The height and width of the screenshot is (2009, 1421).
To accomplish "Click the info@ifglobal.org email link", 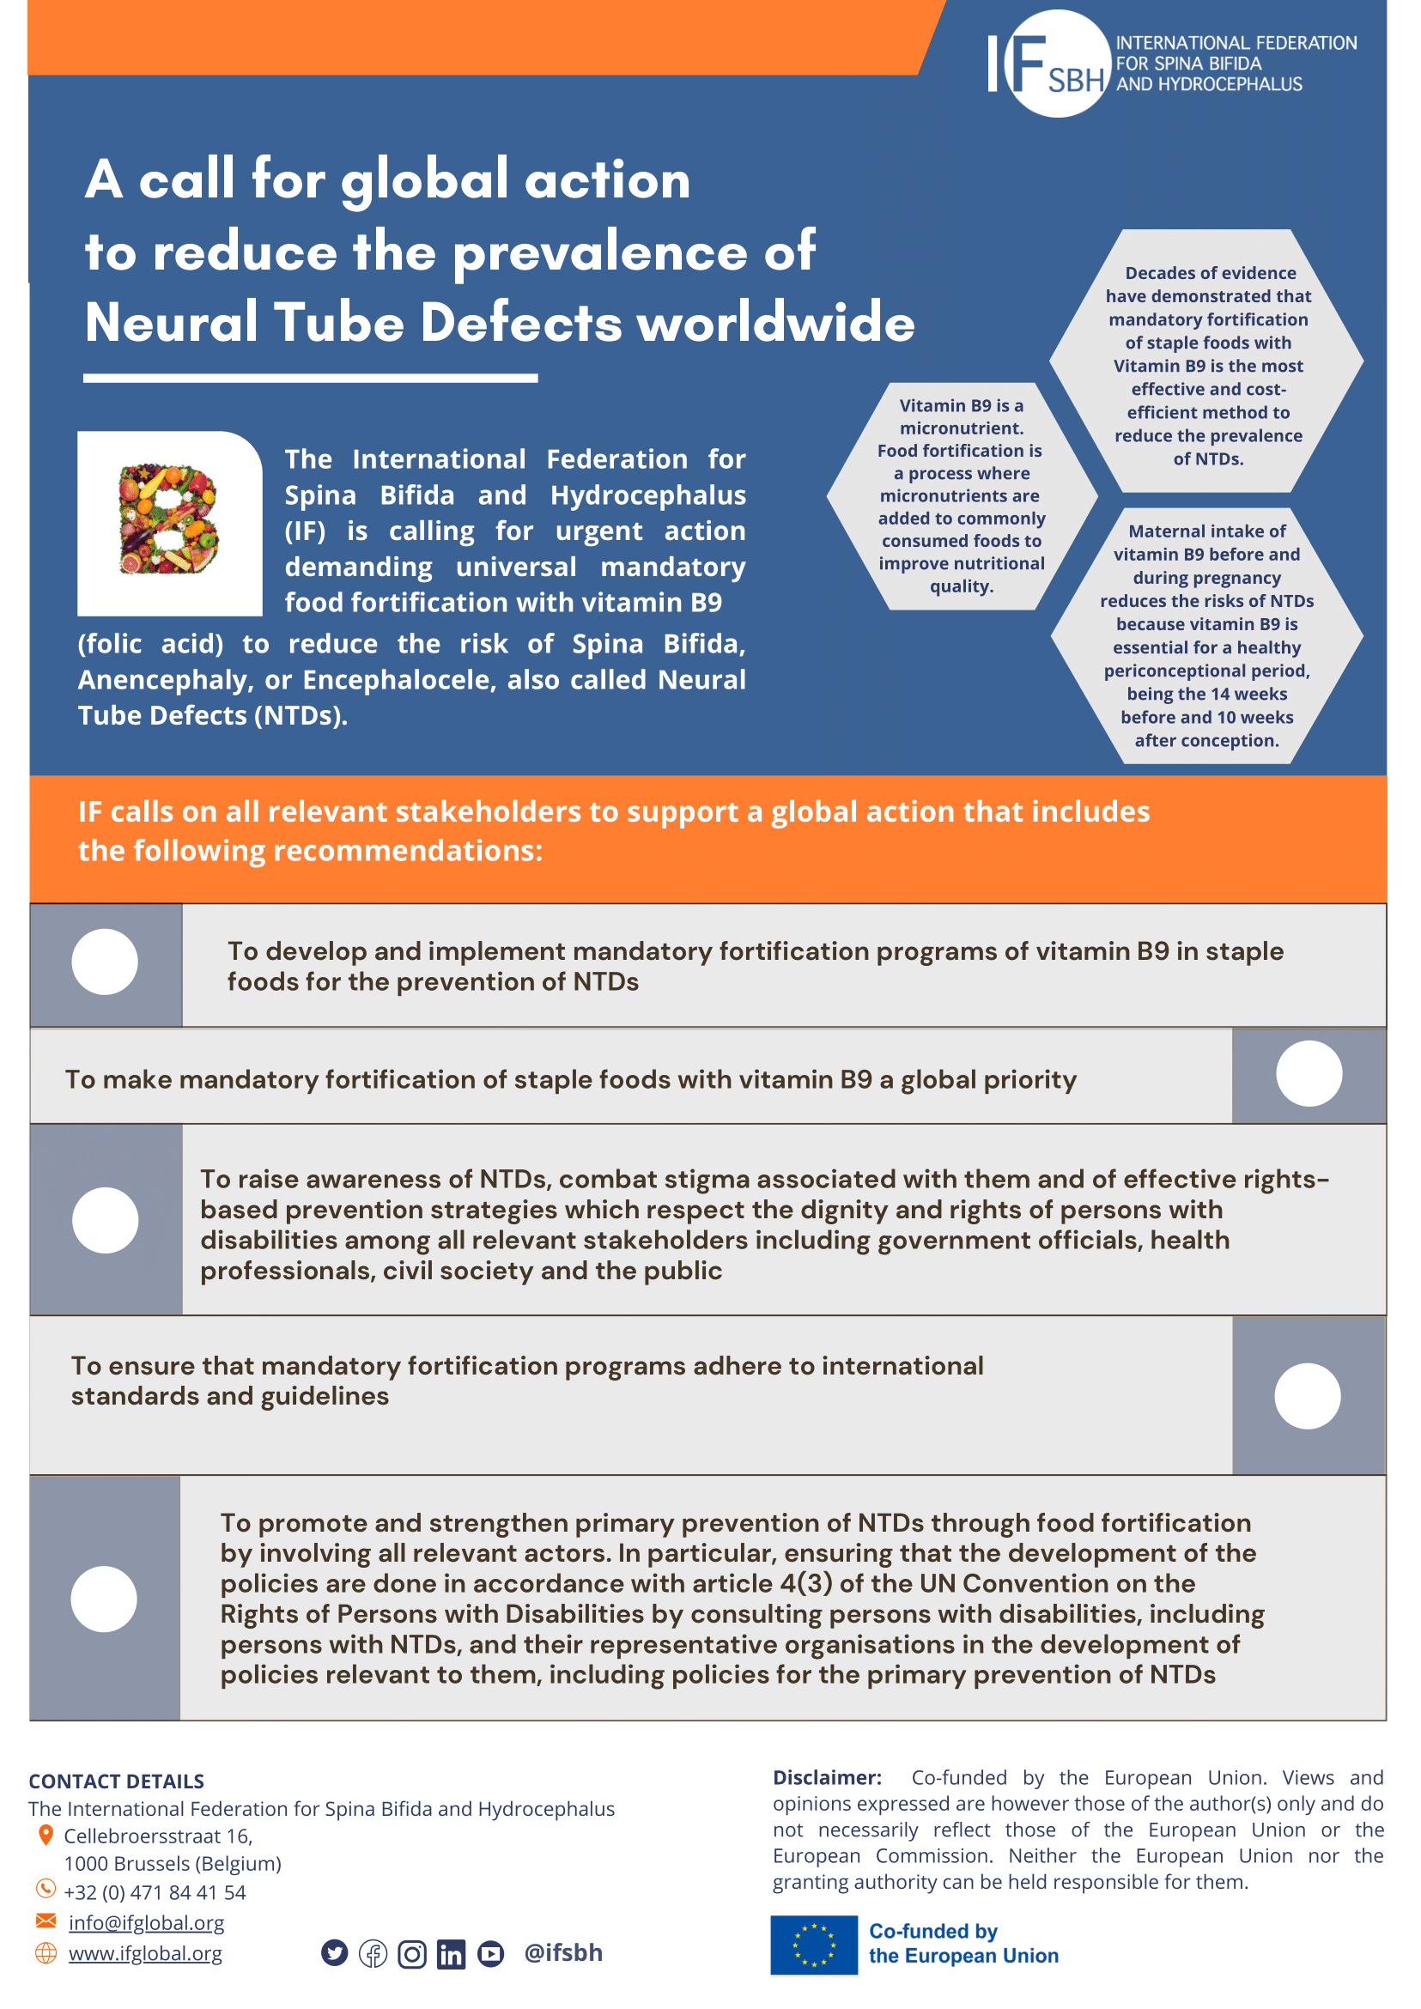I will [146, 1922].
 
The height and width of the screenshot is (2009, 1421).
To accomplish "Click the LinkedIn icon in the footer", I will [451, 1953].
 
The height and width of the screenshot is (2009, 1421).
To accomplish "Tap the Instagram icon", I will [412, 1953].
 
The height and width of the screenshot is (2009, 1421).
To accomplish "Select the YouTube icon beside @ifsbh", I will [491, 1953].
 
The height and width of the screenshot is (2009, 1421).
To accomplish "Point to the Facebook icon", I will [373, 1953].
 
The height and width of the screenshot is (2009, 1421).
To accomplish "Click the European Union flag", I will [814, 1945].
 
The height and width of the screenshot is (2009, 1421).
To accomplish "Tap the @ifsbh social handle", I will [562, 1952].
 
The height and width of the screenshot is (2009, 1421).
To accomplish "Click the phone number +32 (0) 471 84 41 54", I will [155, 1891].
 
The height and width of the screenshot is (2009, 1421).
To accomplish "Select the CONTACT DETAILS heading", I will [117, 1781].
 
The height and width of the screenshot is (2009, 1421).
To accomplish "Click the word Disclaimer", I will [826, 1777].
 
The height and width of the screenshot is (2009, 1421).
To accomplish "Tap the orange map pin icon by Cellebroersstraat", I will [46, 1835].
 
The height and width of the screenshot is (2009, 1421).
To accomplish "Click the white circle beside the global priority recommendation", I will [1309, 1074].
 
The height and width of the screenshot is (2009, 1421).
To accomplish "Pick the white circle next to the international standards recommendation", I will [1308, 1396].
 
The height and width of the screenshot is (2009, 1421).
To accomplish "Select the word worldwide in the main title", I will [775, 322].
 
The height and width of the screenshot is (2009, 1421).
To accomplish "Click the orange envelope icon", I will [46, 1921].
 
